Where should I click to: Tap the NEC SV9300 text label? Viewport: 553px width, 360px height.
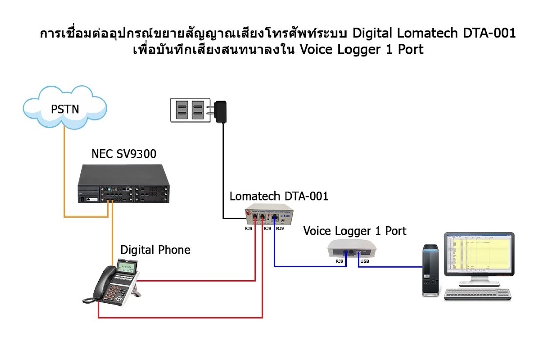[124, 154]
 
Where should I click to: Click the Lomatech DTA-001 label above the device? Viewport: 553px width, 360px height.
[279, 196]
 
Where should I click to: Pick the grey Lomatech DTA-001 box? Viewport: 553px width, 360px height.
[269, 217]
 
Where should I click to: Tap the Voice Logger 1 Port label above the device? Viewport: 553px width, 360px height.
[355, 231]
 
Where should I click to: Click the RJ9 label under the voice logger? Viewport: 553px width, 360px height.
[340, 262]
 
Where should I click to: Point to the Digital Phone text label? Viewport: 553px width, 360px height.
[155, 249]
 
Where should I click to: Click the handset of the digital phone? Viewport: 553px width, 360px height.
[100, 284]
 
